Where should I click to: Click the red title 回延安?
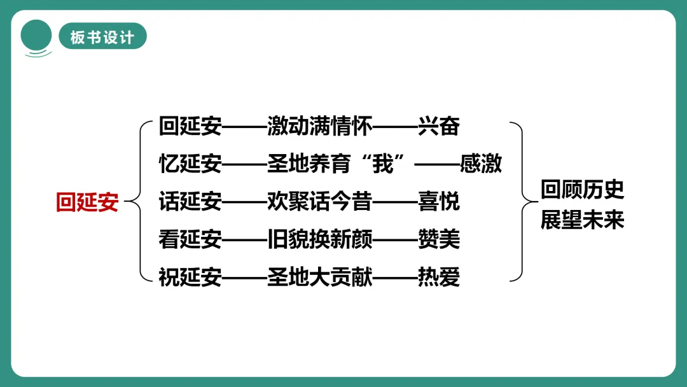coord(87,202)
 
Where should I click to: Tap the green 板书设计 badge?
coord(102,37)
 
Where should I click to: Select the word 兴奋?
coord(439,126)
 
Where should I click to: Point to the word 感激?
coord(481,164)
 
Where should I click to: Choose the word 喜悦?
coord(439,202)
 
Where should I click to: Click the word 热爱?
coord(439,278)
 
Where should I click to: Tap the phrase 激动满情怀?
coord(319,126)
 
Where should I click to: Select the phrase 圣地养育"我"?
coord(340,164)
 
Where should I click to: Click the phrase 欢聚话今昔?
coord(319,202)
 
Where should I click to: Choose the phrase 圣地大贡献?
coord(319,278)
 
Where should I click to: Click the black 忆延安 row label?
coord(190,164)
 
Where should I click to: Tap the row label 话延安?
coord(190,202)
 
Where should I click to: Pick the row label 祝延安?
coord(190,278)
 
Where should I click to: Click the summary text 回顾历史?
coord(582,190)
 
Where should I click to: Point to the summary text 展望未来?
coord(582,220)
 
